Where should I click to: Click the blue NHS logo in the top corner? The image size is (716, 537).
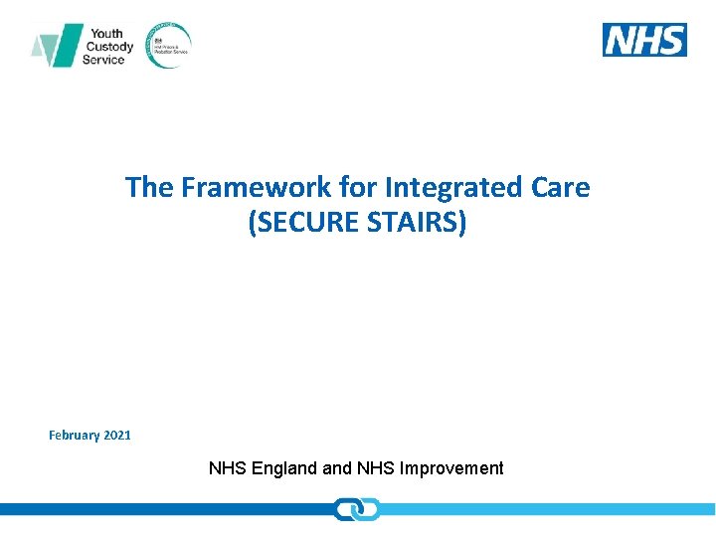coord(644,40)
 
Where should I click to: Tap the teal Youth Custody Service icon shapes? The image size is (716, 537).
coord(56,46)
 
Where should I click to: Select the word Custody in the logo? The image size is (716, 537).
coord(110,46)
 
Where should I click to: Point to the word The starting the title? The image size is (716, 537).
coord(148,187)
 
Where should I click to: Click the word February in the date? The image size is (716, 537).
coord(74,435)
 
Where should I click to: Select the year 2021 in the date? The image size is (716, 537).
coord(116,435)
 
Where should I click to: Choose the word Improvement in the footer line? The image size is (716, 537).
coord(451,468)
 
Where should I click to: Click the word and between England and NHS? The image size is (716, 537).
coord(338,468)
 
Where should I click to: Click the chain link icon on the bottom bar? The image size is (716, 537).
coord(357,509)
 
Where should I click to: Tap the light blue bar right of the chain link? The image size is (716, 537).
coord(547,509)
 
